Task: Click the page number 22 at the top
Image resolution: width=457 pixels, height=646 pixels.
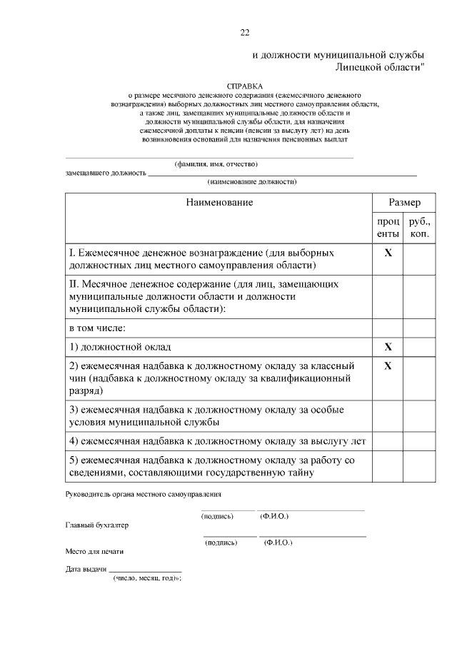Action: pyautogui.click(x=244, y=32)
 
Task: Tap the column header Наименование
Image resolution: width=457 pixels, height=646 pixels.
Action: pyautogui.click(x=219, y=203)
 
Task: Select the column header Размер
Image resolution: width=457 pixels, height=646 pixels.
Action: pyautogui.click(x=403, y=203)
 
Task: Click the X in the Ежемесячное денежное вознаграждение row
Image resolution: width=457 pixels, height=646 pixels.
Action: pyautogui.click(x=388, y=253)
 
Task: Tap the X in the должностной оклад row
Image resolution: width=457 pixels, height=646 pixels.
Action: pyautogui.click(x=388, y=347)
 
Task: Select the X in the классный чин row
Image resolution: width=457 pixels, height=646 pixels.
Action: pyautogui.click(x=388, y=365)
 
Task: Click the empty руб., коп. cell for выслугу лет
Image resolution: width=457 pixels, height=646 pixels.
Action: pyautogui.click(x=419, y=441)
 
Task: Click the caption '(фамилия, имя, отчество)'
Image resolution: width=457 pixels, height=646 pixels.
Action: pyautogui.click(x=211, y=163)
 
